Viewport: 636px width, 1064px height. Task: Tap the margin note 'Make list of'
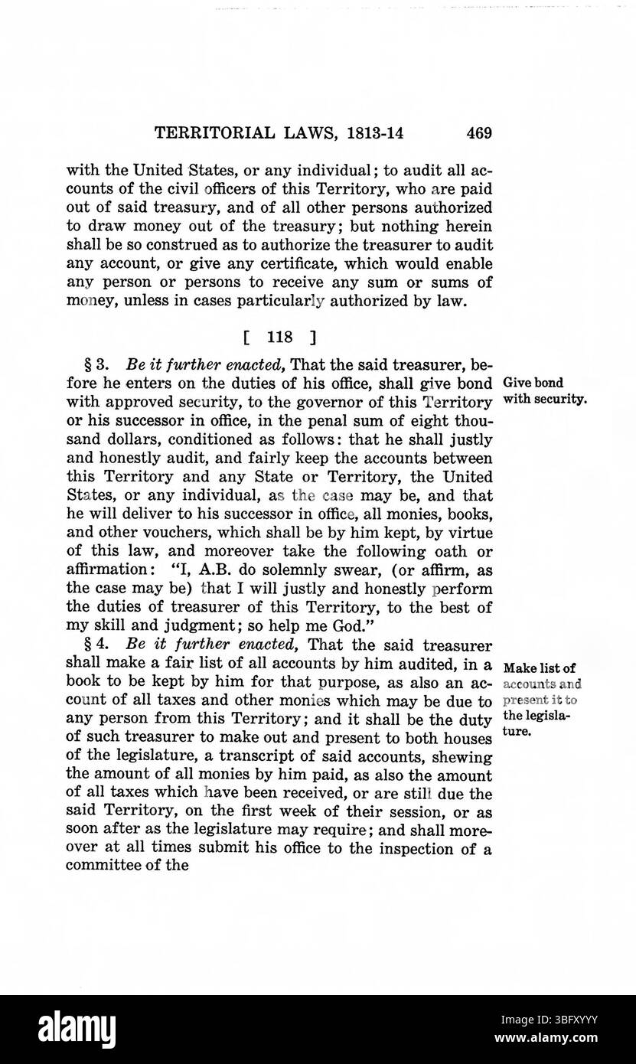click(x=540, y=667)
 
